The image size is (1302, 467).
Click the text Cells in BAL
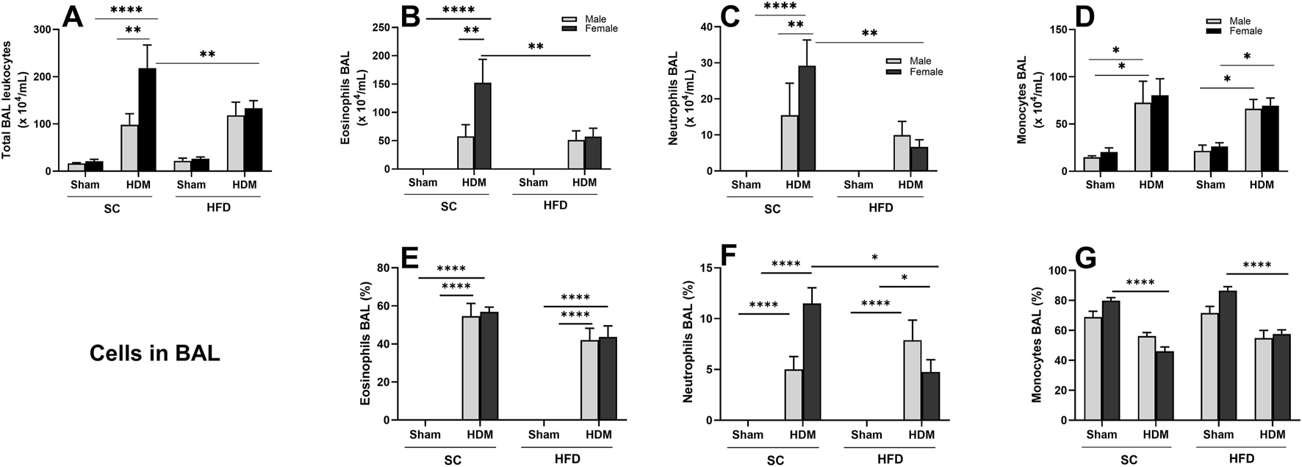[x=154, y=354]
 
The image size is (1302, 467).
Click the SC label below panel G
[x=1129, y=460]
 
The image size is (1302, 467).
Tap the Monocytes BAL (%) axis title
[x=1037, y=344]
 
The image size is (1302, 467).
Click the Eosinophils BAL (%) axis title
[x=365, y=345]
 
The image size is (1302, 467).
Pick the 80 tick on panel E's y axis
[x=382, y=268]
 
